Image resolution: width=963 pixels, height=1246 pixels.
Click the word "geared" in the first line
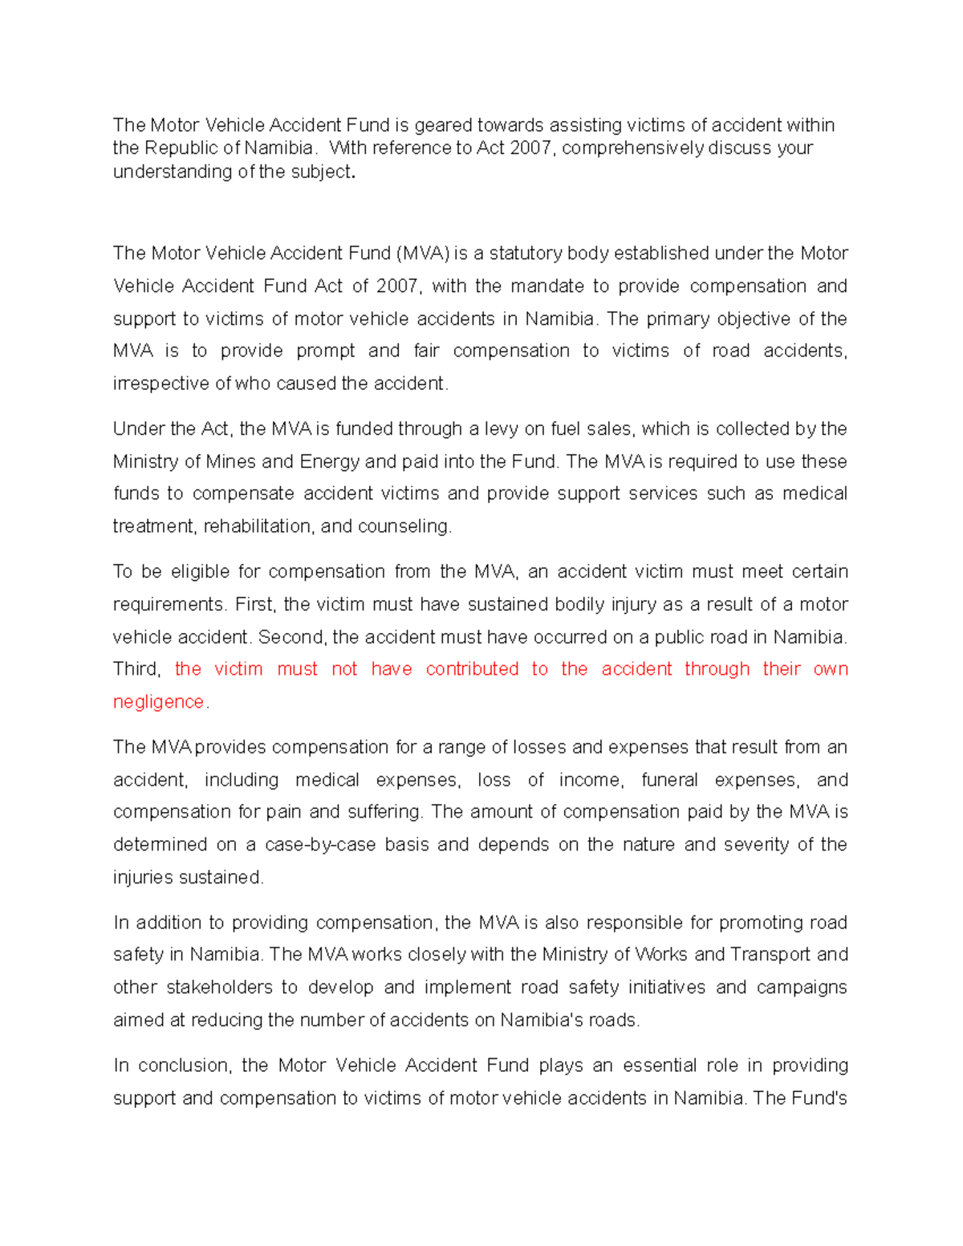[x=443, y=125]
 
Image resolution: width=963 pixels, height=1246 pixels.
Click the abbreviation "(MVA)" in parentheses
[x=421, y=254]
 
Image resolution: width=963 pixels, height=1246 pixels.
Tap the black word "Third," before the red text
[x=137, y=670]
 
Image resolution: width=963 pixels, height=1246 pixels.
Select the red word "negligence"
[x=159, y=703]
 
